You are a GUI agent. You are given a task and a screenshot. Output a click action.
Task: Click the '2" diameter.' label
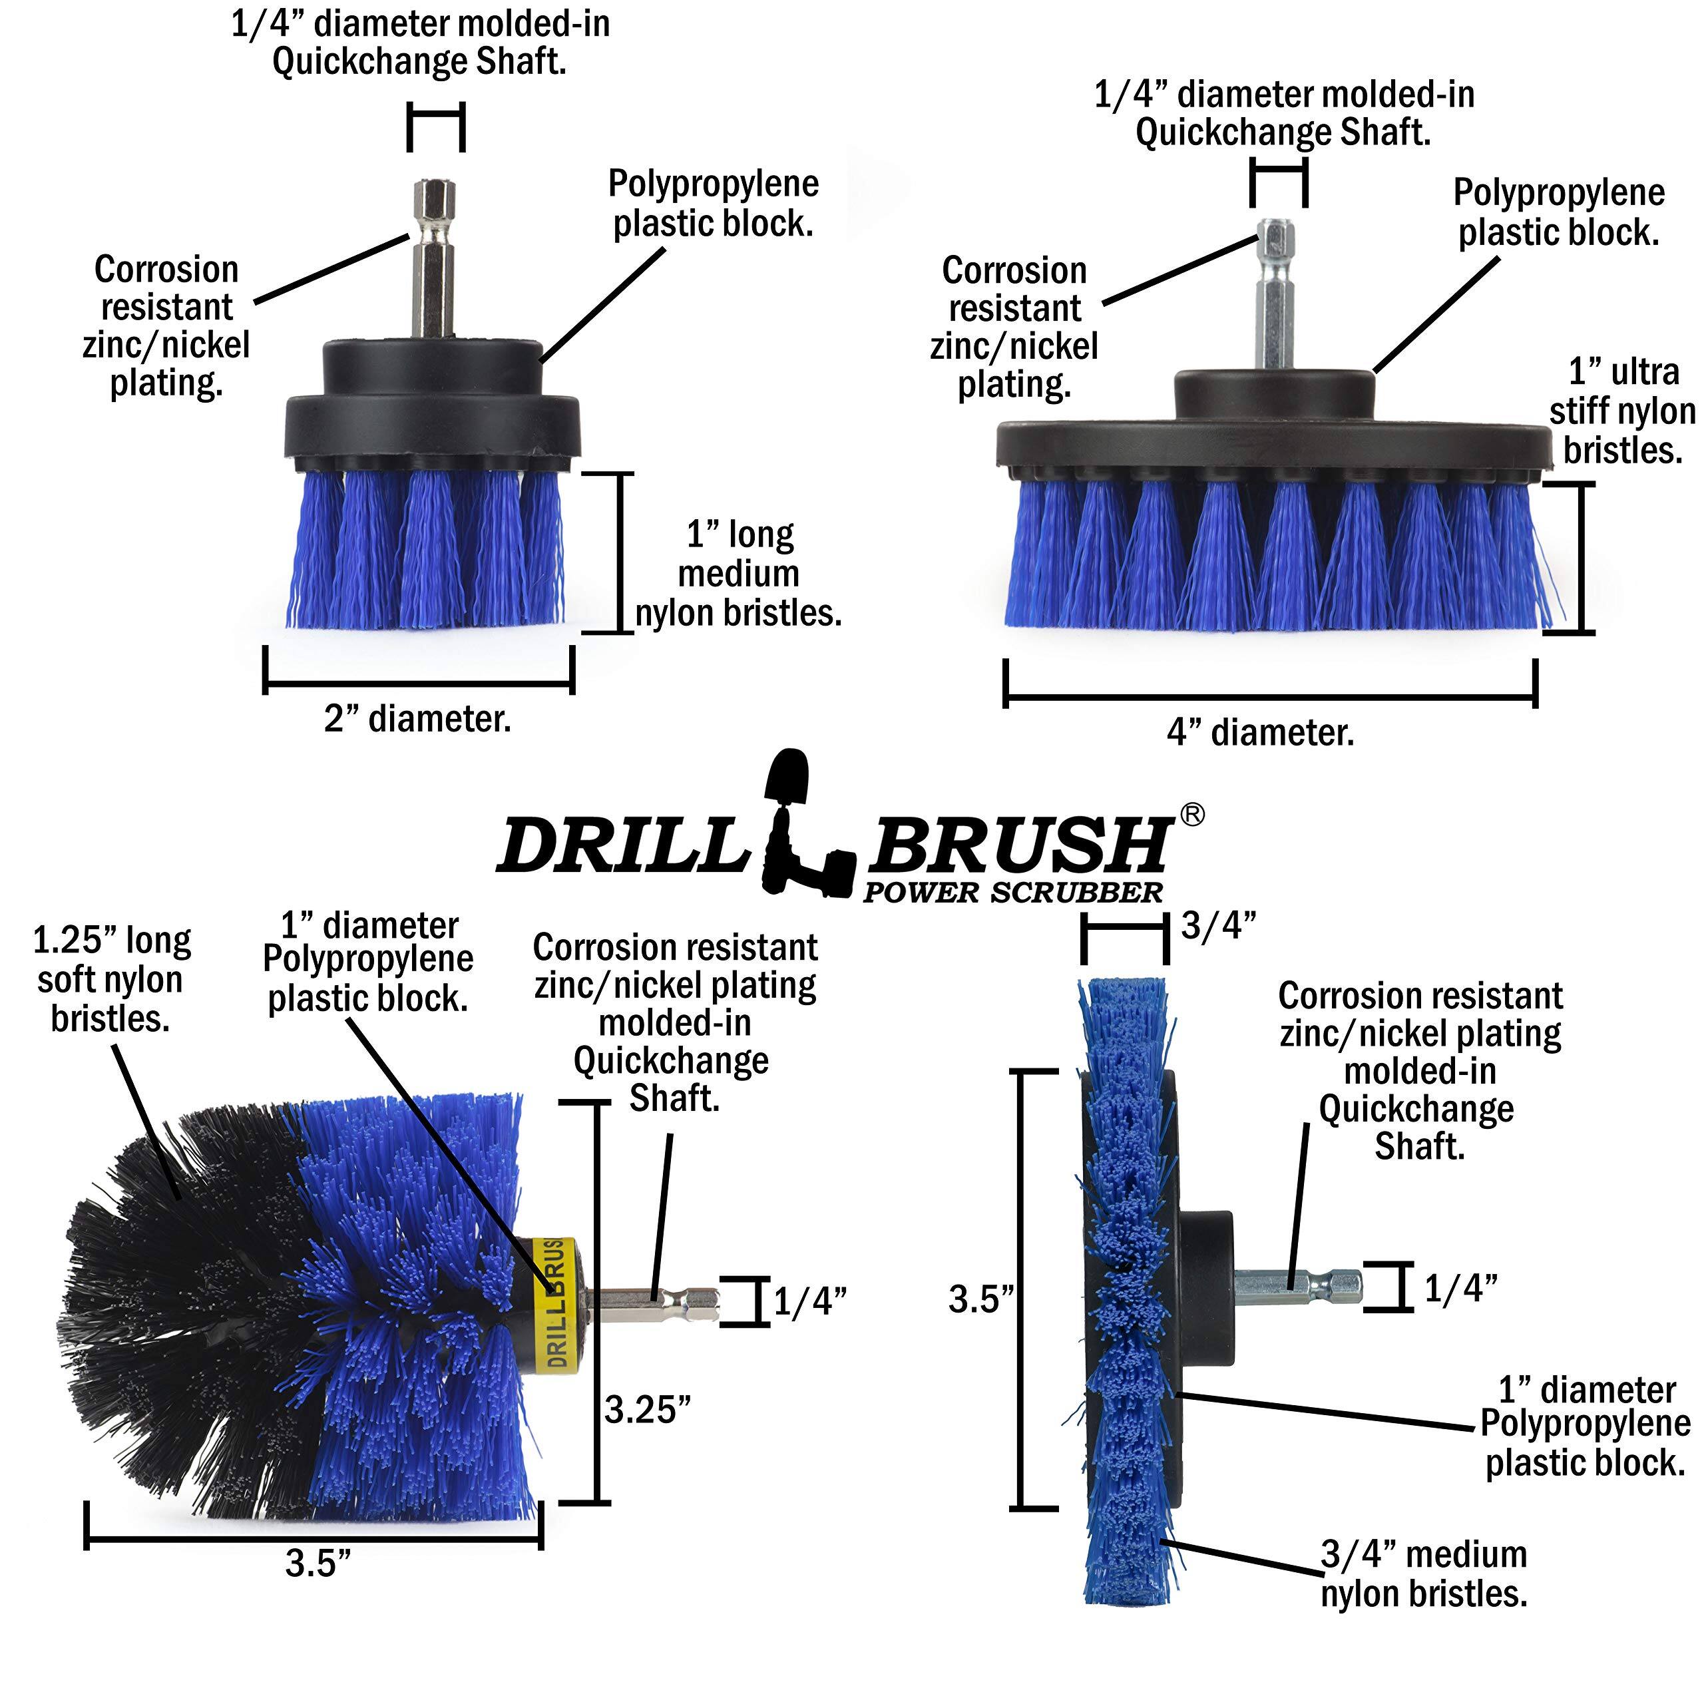click(x=417, y=719)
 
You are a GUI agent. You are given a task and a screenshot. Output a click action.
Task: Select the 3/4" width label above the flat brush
click(x=1219, y=925)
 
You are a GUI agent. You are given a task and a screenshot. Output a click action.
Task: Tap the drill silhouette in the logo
click(x=798, y=829)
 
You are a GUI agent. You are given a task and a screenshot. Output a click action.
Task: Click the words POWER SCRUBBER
click(x=1012, y=893)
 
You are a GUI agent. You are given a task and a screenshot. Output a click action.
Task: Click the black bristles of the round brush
click(x=176, y=1305)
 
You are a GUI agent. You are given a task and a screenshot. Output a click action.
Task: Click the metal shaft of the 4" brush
click(x=1275, y=300)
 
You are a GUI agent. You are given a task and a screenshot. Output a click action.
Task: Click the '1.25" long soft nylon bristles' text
click(x=111, y=979)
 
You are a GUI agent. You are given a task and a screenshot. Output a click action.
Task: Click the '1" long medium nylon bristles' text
click(x=739, y=573)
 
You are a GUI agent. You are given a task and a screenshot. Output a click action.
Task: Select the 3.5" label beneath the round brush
click(x=318, y=1564)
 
